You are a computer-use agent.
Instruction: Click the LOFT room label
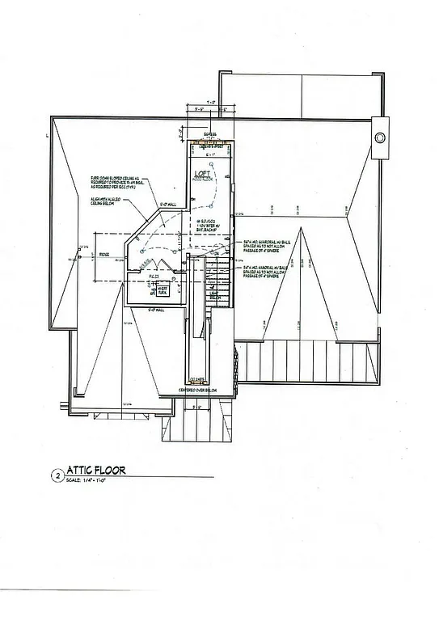pyautogui.click(x=203, y=174)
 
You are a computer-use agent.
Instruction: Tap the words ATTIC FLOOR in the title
pyautogui.click(x=93, y=470)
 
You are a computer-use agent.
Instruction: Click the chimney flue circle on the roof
pyautogui.click(x=378, y=137)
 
